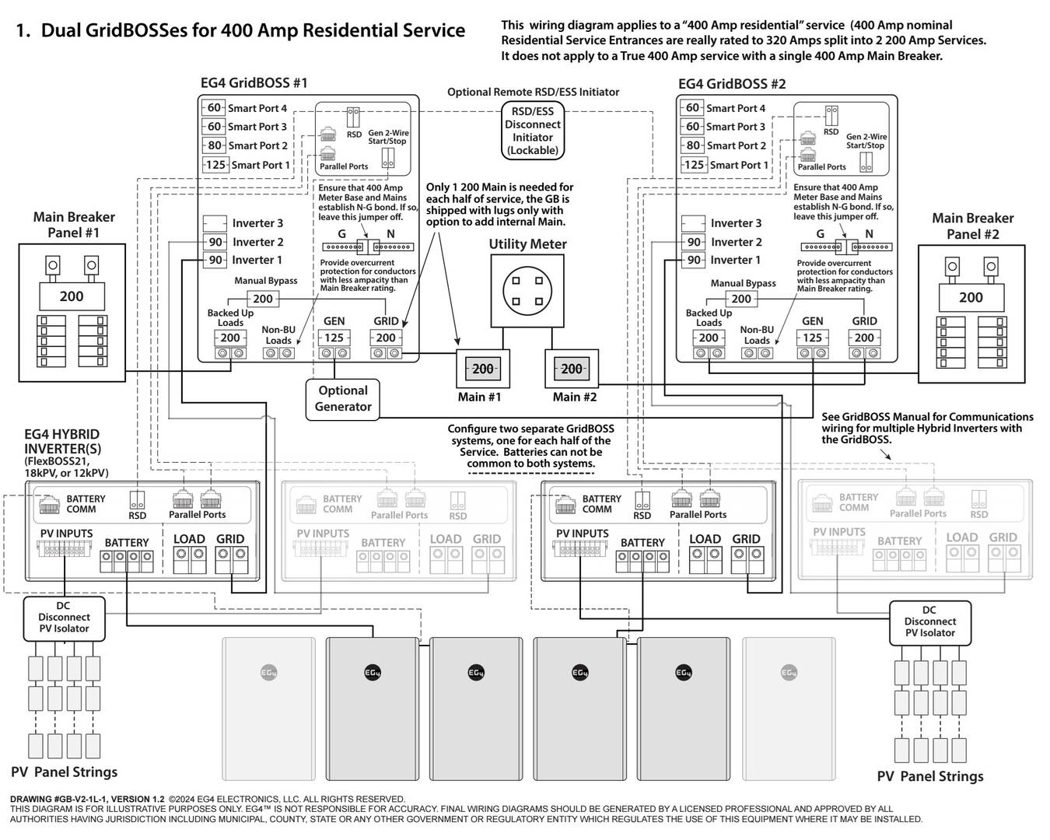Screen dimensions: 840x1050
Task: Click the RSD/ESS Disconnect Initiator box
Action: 533,131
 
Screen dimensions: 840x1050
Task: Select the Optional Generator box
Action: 343,399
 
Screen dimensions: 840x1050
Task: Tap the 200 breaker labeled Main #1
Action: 483,369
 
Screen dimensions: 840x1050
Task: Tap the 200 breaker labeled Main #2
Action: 572,369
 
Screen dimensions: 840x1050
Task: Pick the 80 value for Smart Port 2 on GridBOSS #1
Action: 214,145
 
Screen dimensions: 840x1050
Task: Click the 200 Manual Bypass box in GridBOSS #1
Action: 263,299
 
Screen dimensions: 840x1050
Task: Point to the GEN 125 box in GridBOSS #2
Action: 812,338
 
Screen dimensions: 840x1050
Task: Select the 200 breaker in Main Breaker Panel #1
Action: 72,296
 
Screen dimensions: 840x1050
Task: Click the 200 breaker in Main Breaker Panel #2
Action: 971,297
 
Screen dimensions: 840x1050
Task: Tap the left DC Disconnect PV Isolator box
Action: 63,618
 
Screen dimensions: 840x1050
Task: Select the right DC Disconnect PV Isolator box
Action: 930,622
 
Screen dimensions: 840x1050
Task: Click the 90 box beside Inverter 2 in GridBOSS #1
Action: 215,242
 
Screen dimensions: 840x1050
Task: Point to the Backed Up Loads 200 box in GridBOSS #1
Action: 230,338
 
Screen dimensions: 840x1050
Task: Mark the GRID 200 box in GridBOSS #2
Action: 864,338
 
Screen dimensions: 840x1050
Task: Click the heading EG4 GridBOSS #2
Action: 732,84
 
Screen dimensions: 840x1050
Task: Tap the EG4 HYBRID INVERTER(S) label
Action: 62,442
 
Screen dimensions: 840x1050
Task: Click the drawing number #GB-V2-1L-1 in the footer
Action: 81,799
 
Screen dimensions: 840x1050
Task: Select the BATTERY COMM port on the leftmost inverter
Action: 50,506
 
